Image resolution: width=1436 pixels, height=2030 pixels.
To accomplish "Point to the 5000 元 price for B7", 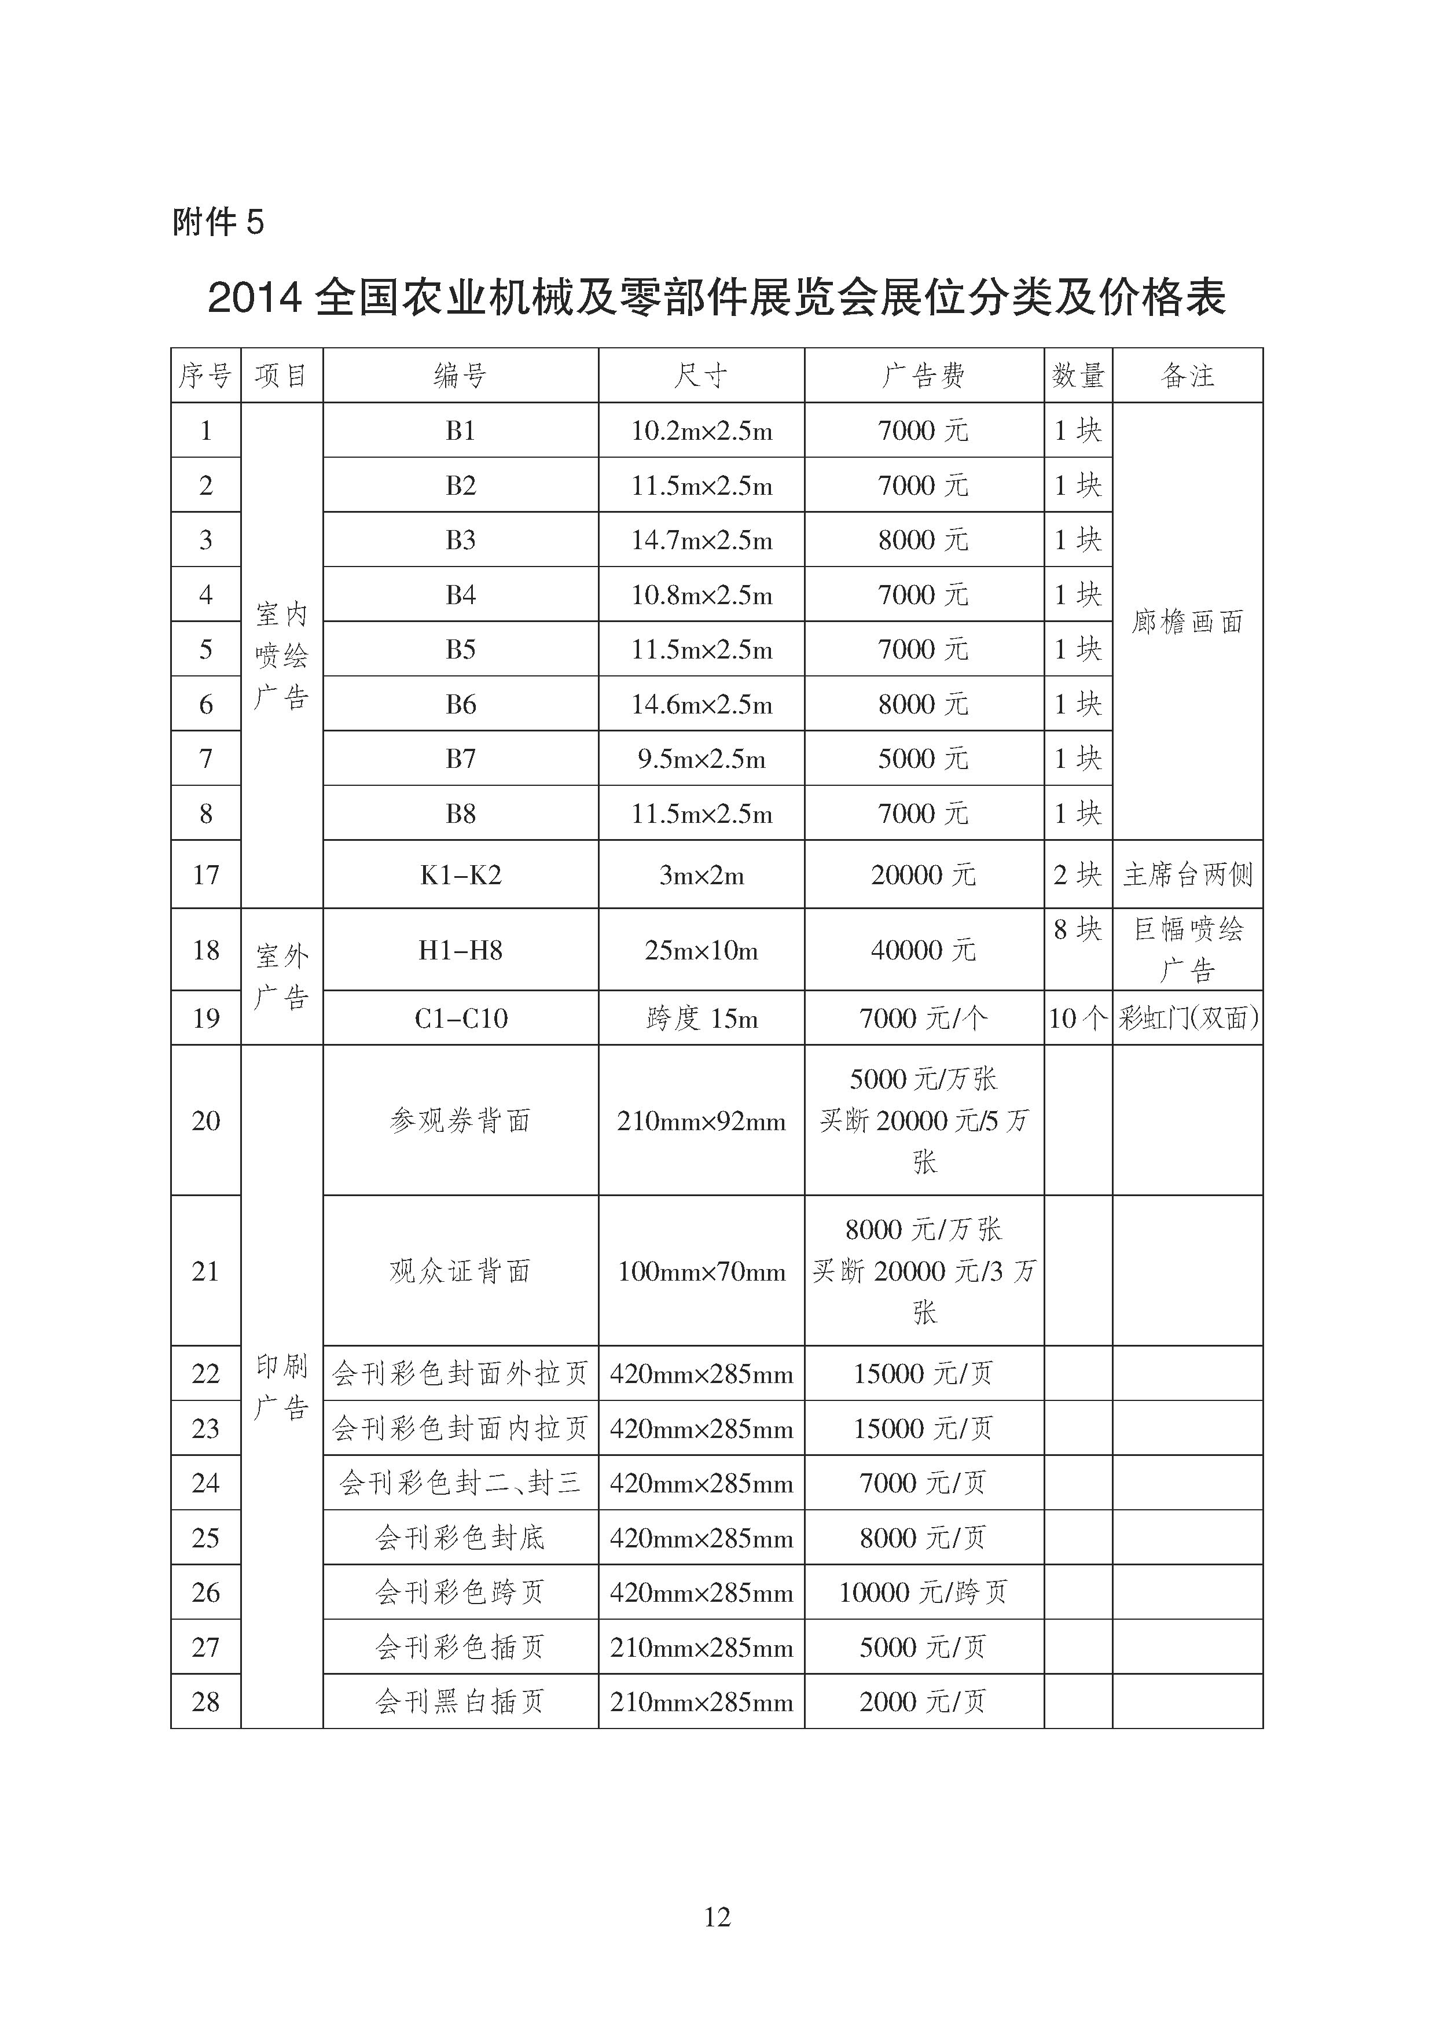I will pos(923,759).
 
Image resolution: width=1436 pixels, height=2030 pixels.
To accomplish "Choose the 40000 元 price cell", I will pos(923,950).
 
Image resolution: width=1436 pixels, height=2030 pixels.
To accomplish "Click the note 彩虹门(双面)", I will pos(1188,1018).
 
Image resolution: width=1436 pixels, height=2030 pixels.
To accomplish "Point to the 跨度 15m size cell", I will pos(701,1018).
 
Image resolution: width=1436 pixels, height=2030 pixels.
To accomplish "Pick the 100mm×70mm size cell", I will pos(701,1271).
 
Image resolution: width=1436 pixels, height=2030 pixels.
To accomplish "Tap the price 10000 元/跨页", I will pos(923,1593).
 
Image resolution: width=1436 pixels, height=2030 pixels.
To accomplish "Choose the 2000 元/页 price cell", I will pos(923,1701).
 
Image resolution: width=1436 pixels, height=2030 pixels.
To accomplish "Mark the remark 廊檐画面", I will pos(1188,621).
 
